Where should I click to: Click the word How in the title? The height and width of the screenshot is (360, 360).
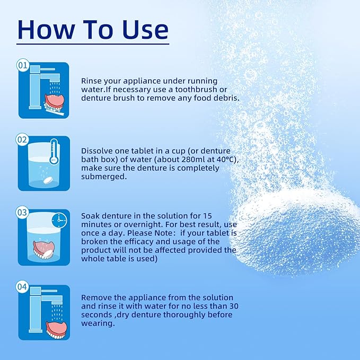(x=46, y=30)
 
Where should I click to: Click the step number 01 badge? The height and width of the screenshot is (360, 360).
(x=23, y=65)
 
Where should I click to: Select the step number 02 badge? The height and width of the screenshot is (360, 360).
(x=22, y=139)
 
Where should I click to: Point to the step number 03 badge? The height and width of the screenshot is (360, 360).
(x=22, y=213)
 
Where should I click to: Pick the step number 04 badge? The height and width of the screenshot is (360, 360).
(x=22, y=287)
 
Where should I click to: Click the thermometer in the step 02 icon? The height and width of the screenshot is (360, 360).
(x=54, y=152)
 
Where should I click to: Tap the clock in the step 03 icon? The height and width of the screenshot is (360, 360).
(x=59, y=221)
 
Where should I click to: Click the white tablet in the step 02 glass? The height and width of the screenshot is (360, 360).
(x=49, y=180)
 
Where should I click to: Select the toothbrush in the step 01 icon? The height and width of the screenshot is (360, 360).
(x=55, y=111)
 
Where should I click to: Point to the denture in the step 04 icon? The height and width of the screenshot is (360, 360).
(x=57, y=330)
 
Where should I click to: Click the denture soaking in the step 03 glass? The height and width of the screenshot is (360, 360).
(x=43, y=250)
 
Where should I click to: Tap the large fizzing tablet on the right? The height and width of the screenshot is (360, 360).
(x=296, y=232)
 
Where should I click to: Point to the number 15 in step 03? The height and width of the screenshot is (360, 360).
(x=207, y=216)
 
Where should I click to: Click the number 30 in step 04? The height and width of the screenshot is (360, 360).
(x=233, y=306)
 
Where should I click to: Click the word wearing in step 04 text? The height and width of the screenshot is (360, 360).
(x=98, y=323)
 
